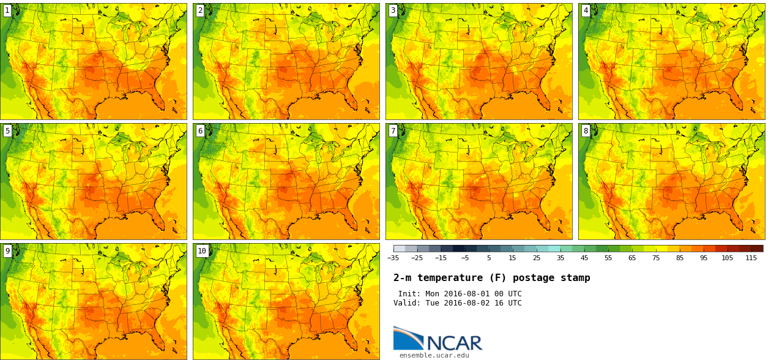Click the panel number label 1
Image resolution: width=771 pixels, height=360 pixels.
point(7,10)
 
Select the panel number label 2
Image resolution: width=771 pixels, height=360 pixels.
point(200,10)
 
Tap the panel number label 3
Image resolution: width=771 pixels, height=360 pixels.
point(393,10)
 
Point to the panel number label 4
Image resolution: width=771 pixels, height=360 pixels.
point(586,10)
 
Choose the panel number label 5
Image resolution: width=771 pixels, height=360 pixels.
point(7,130)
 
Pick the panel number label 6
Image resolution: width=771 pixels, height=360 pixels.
point(200,130)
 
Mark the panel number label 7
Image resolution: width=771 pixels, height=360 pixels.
point(393,130)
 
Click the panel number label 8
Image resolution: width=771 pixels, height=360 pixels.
point(586,130)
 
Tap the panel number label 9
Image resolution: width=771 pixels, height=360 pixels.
point(7,250)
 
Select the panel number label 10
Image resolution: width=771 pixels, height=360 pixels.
point(202,250)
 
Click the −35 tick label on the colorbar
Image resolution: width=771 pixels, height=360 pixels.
point(393,258)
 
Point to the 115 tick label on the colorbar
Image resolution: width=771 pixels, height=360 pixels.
point(751,258)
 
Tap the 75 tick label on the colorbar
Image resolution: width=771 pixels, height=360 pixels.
point(655,258)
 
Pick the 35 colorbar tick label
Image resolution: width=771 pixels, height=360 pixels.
point(560,258)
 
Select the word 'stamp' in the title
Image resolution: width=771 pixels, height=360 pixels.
point(575,278)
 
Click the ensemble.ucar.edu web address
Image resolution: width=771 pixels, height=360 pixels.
point(434,355)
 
